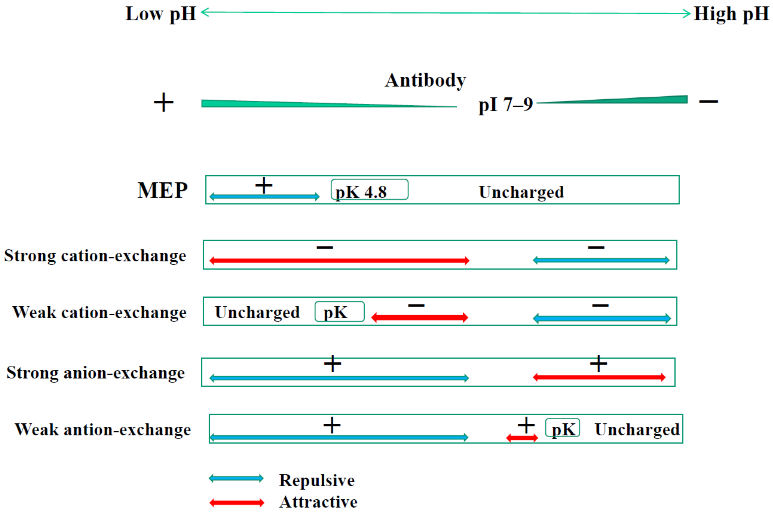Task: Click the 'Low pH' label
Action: click(x=161, y=14)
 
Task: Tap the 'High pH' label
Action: click(x=731, y=14)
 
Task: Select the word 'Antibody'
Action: click(x=425, y=80)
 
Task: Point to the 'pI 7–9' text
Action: click(x=505, y=105)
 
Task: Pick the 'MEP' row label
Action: click(x=163, y=190)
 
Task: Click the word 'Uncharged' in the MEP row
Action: click(x=521, y=192)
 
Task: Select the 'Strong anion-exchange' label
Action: click(x=95, y=373)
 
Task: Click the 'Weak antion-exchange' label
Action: click(x=103, y=430)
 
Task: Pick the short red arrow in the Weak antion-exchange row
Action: click(x=522, y=438)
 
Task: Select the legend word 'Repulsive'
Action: click(x=316, y=480)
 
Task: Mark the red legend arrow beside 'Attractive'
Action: click(x=237, y=502)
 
